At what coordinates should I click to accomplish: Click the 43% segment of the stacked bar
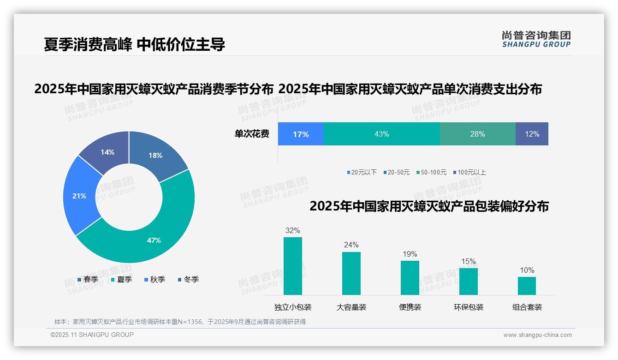[x=381, y=134]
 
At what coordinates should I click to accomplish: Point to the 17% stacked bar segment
[x=301, y=134]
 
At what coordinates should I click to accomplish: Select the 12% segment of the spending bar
[x=532, y=134]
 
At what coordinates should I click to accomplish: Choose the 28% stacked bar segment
[x=477, y=134]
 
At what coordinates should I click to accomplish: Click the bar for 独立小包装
[x=293, y=266]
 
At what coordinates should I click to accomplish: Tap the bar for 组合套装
[x=527, y=286]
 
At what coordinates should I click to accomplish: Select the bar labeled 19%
[x=410, y=277]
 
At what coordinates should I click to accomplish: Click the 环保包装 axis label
[x=469, y=307]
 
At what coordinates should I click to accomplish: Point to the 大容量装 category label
[x=351, y=307]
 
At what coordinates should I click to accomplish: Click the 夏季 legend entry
[x=121, y=279]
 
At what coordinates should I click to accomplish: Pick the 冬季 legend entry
[x=188, y=279]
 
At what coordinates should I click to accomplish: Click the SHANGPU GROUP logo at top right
[x=536, y=39]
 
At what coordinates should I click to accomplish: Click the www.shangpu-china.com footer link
[x=537, y=335]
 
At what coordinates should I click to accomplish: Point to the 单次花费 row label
[x=252, y=134]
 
